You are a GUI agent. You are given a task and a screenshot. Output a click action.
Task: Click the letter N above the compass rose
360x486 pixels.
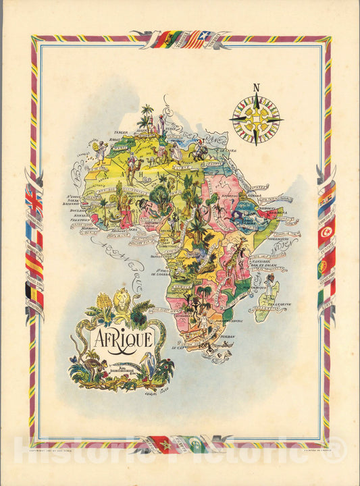[256, 87]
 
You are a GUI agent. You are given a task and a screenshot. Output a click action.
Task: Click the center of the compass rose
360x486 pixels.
[256, 119]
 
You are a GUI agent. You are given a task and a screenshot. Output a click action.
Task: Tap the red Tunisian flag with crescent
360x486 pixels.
[326, 232]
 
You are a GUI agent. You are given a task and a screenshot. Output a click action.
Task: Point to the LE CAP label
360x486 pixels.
[178, 349]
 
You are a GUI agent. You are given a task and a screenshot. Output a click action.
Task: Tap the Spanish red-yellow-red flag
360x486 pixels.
[33, 264]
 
